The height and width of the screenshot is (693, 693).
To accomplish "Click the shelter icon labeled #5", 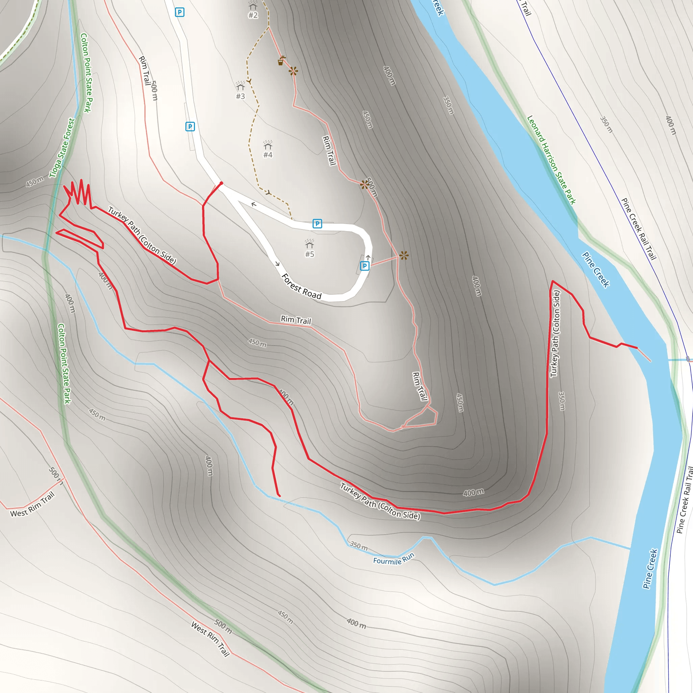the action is (309, 245).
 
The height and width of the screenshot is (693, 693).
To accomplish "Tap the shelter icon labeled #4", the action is (268, 145).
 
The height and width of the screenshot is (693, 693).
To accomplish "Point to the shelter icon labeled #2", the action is (253, 6).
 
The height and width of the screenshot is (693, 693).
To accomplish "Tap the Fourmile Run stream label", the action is (394, 559).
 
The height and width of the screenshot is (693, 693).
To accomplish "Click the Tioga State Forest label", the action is (62, 148).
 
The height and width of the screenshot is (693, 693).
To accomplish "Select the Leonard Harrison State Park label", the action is (551, 160).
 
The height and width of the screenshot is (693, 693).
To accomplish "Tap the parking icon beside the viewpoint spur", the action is (364, 266).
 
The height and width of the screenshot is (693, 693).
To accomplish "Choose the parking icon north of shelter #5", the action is (317, 223).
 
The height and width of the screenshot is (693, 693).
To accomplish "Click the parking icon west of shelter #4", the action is (190, 126).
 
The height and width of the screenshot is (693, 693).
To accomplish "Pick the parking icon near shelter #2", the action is (179, 12).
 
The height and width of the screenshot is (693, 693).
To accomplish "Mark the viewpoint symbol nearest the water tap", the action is (293, 71).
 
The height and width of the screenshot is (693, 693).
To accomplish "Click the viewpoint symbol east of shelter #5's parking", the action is (404, 255).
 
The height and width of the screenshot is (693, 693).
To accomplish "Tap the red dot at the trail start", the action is (221, 183).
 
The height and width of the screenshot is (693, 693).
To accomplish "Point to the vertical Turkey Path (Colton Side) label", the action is (555, 334).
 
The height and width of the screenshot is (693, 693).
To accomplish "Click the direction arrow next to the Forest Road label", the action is (277, 264).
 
